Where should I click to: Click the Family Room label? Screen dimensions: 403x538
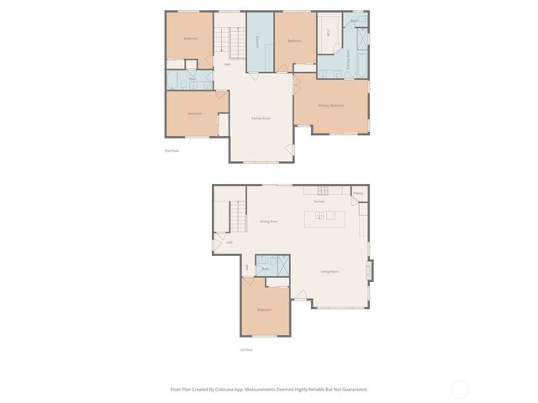261,118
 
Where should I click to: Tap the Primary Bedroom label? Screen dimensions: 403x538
331,106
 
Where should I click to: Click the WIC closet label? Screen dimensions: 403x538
328,33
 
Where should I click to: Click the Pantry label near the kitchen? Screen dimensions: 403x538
358,193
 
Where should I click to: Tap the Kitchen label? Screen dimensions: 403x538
319,201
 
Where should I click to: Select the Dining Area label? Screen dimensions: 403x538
268,221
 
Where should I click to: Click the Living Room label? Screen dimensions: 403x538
330,271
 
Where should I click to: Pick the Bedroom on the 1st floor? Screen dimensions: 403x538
265,310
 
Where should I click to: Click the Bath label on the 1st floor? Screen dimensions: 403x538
266,269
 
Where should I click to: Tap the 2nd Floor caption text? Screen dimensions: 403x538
171,150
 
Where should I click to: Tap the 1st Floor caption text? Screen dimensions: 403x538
246,349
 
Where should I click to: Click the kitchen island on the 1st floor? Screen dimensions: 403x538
324,216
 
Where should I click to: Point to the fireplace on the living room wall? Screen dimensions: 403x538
369,270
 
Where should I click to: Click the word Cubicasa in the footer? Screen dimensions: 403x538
224,389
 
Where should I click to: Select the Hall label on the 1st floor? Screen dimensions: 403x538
229,243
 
